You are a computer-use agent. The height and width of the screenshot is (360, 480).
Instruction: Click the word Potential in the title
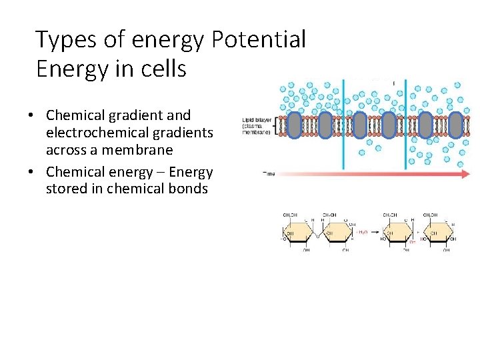(x=259, y=40)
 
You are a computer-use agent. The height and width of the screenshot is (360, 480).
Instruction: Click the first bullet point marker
(x=31, y=115)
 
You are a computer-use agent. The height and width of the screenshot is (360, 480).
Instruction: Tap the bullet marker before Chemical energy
(x=31, y=172)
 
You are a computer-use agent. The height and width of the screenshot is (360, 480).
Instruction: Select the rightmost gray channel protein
(x=455, y=125)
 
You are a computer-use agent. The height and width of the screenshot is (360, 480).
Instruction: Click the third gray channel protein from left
(x=359, y=125)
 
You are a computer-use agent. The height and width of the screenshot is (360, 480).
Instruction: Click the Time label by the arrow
(x=269, y=174)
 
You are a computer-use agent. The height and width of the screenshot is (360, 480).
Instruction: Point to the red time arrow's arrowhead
(x=465, y=173)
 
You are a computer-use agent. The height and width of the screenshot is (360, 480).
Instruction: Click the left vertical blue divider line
(x=343, y=124)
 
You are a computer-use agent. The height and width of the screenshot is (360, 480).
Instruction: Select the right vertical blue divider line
(x=407, y=124)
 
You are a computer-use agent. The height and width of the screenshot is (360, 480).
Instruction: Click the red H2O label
(x=362, y=231)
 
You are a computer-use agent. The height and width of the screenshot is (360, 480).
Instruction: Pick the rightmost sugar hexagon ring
(x=440, y=233)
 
